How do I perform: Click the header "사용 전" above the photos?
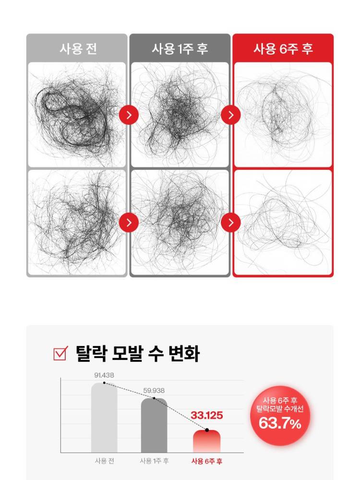(78, 48)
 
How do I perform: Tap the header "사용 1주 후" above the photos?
(180, 48)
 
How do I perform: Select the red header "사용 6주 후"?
(283, 48)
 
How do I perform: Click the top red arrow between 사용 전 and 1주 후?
(129, 115)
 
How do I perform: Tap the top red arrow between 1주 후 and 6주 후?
(231, 115)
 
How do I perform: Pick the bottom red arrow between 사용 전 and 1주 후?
(129, 223)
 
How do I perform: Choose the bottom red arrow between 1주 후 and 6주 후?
(231, 223)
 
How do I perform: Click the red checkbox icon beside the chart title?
(60, 354)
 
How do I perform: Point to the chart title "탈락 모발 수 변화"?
(137, 354)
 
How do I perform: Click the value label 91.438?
(104, 375)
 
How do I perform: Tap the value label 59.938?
(154, 391)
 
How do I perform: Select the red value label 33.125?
(206, 415)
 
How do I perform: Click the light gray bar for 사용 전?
(104, 418)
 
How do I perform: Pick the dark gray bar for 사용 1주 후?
(154, 425)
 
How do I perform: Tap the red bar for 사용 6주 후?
(206, 442)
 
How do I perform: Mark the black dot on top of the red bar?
(207, 430)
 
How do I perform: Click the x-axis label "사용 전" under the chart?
(104, 461)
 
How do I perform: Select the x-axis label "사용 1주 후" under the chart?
(154, 461)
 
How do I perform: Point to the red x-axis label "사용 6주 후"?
(207, 461)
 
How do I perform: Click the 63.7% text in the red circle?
(280, 424)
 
